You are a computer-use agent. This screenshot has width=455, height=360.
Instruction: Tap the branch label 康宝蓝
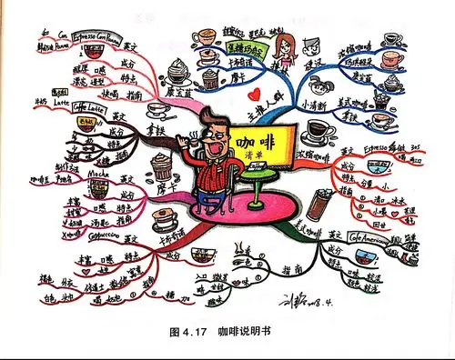[x=182, y=91]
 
